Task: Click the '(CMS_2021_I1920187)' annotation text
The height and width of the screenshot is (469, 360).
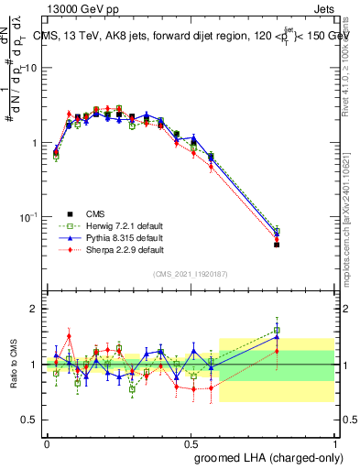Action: [x=190, y=273]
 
